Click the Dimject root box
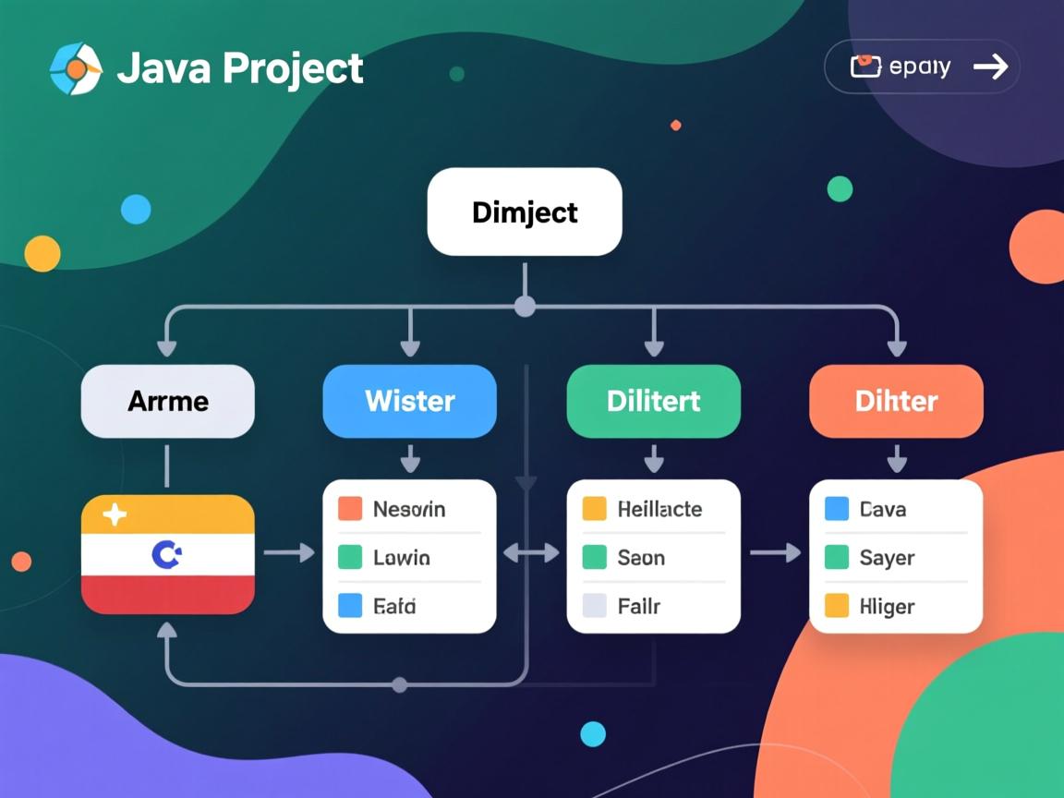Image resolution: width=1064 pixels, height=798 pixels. click(x=525, y=212)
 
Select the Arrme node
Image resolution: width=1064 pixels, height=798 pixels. click(x=168, y=401)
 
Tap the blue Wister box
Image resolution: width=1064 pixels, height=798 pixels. click(x=409, y=401)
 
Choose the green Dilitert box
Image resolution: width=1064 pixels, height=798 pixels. click(x=653, y=401)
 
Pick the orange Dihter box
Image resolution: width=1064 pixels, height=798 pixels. click(x=896, y=401)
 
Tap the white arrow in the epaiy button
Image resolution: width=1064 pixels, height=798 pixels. click(x=990, y=66)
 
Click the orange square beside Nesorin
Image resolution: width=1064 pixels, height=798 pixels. click(x=350, y=509)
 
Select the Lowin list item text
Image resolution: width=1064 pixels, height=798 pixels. click(x=401, y=558)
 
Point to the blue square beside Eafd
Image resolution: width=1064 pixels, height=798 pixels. click(x=350, y=606)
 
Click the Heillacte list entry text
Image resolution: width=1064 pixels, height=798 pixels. click(x=659, y=509)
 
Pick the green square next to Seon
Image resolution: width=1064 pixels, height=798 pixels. click(x=594, y=558)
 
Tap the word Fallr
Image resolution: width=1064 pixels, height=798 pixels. click(x=639, y=607)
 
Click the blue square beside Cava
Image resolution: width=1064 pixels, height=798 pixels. click(x=836, y=509)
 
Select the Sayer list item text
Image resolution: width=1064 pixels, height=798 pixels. click(x=887, y=558)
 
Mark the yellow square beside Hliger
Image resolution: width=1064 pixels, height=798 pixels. click(x=836, y=606)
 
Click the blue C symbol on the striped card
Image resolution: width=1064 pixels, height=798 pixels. click(x=166, y=554)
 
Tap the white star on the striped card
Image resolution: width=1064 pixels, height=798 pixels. click(x=115, y=514)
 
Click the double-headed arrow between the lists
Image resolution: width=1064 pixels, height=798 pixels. click(x=531, y=553)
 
